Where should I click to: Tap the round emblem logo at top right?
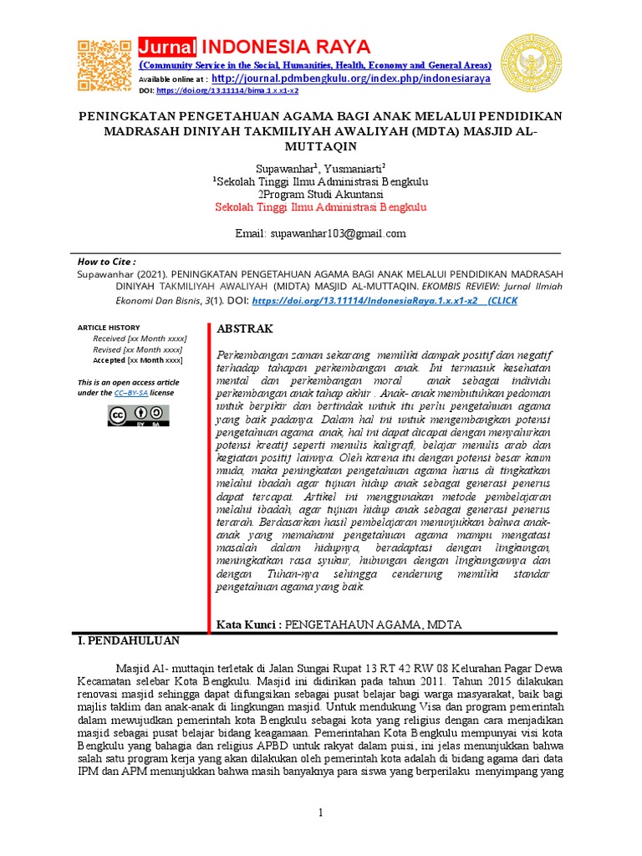531,64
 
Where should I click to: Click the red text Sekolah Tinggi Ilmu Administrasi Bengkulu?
320,206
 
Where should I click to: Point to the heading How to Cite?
105,262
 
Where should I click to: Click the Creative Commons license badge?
138,415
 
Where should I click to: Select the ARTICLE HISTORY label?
109,328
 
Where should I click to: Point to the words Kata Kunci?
247,624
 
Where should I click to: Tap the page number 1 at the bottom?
320,813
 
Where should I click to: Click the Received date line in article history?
140,339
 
